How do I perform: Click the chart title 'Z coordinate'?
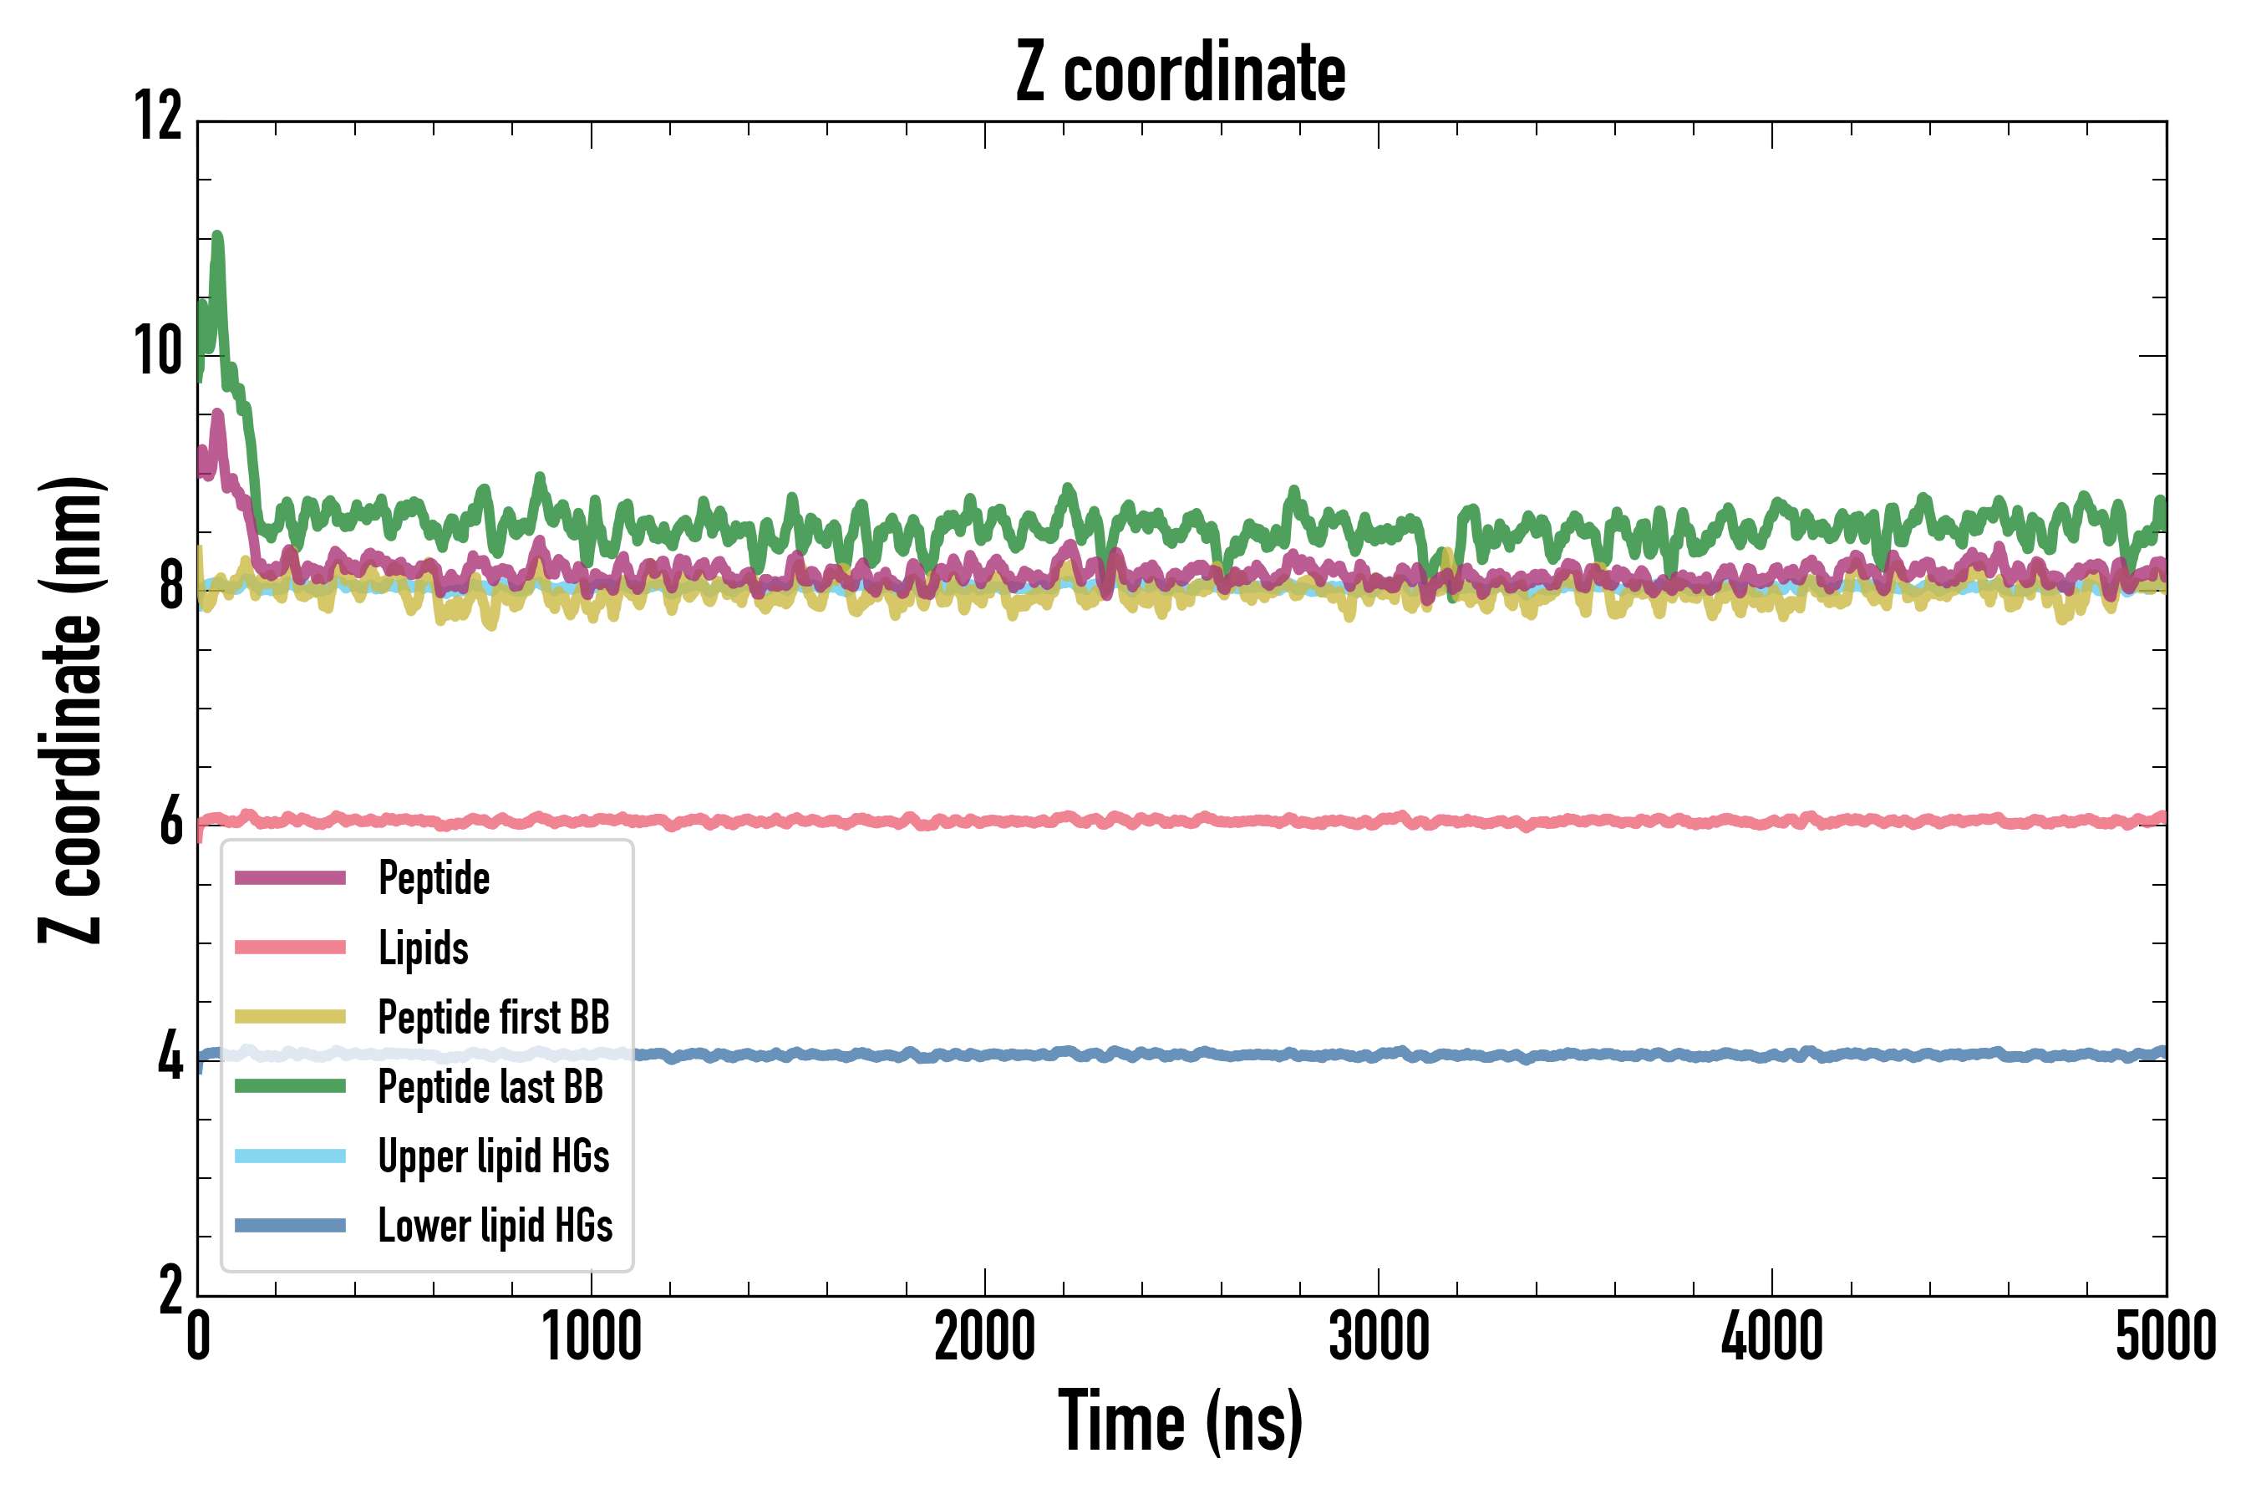click(1181, 73)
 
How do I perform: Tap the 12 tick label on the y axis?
click(158, 117)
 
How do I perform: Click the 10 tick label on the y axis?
click(158, 352)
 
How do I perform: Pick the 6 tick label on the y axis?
click(170, 823)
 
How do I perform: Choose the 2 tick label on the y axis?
click(170, 1291)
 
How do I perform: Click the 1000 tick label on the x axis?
click(591, 1337)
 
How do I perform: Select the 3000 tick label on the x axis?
click(1379, 1337)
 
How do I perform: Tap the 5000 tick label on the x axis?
click(2165, 1337)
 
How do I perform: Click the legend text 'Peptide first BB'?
click(493, 1018)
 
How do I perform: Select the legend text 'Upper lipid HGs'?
click(493, 1156)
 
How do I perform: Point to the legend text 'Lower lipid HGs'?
click(495, 1226)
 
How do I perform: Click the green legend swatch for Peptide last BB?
click(290, 1085)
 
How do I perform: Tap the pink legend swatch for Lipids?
click(290, 948)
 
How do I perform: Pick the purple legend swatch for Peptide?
click(290, 877)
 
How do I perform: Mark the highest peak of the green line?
click(218, 236)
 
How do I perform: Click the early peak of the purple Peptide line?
click(218, 415)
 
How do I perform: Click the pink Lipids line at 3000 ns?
click(1379, 821)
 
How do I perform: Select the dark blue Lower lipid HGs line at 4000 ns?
click(1771, 1056)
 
